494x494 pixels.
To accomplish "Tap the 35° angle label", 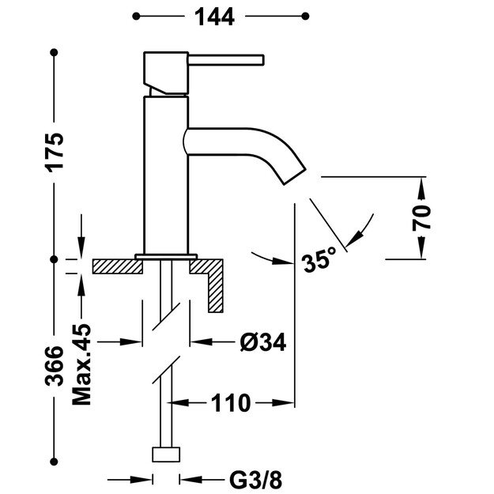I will [x=319, y=261].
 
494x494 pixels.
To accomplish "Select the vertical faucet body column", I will [x=164, y=174].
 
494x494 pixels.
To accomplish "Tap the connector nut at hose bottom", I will [x=165, y=455].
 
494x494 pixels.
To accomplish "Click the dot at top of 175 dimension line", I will [x=55, y=52].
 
